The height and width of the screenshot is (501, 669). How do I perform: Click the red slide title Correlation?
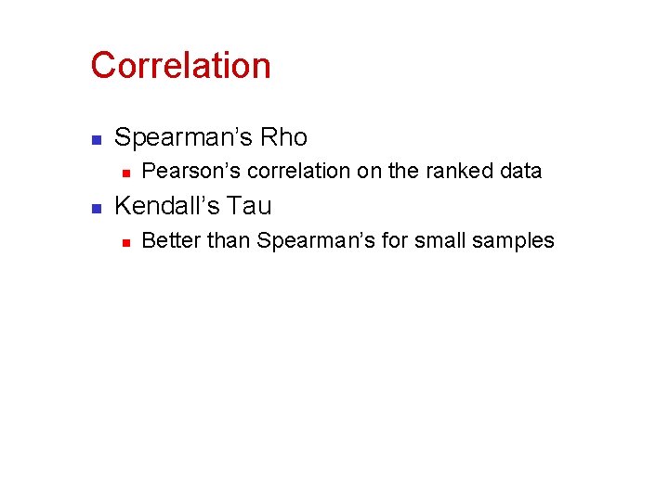[x=180, y=66]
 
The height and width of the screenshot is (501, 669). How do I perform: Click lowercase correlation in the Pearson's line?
[x=284, y=172]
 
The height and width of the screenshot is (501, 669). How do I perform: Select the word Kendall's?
[x=168, y=206]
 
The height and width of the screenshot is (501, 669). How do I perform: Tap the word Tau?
[x=251, y=206]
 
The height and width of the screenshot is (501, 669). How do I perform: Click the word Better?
[x=171, y=241]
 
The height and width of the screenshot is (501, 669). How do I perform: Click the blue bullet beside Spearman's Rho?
[x=95, y=139]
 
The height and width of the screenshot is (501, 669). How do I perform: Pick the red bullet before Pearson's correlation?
[x=125, y=173]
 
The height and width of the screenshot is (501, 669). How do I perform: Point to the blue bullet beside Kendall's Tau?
[x=95, y=207]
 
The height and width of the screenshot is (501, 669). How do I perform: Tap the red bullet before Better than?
[x=125, y=242]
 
